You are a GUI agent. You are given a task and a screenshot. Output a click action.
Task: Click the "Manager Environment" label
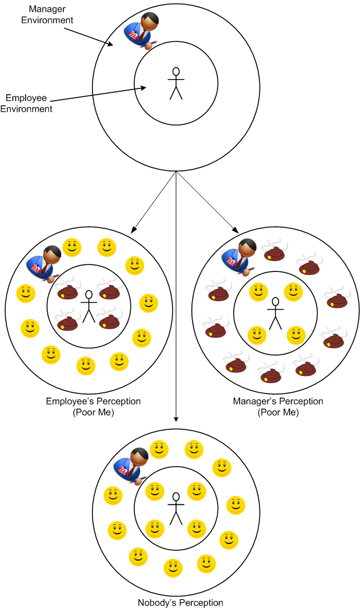(x=47, y=15)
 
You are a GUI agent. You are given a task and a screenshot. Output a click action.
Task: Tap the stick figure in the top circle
(x=176, y=83)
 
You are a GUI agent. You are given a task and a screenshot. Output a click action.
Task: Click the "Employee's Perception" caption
(x=93, y=402)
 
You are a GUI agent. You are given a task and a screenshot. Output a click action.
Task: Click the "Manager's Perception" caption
(x=277, y=402)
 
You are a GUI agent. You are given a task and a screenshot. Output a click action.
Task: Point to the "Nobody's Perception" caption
(x=180, y=603)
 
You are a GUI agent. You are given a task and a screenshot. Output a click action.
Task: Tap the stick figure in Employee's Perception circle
(x=88, y=306)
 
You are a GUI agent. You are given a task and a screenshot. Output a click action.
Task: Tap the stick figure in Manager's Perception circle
(x=276, y=313)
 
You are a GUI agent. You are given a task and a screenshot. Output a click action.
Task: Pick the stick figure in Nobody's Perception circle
(x=176, y=508)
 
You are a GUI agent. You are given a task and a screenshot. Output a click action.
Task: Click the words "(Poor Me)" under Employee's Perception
(x=93, y=413)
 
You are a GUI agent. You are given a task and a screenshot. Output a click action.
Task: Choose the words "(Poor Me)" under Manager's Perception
(x=277, y=413)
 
